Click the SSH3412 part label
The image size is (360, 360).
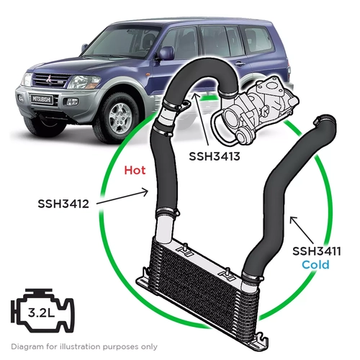(x=63, y=204)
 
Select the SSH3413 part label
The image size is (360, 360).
(x=214, y=155)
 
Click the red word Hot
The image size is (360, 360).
(x=135, y=171)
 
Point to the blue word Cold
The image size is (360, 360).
(x=315, y=265)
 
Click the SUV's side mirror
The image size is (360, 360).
(x=165, y=54)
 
